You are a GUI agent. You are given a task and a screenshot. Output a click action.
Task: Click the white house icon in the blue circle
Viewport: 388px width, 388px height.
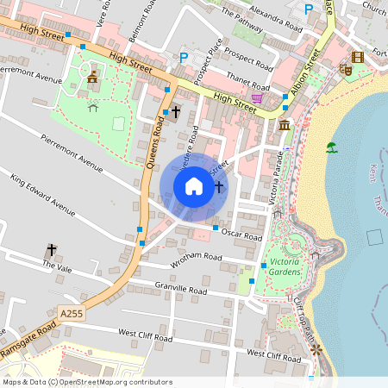pyautogui.click(x=194, y=186)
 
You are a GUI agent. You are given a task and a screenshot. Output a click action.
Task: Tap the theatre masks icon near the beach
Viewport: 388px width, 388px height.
pyautogui.click(x=345, y=70)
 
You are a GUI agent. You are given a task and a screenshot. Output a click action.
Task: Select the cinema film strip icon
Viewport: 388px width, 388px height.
pyautogui.click(x=358, y=57)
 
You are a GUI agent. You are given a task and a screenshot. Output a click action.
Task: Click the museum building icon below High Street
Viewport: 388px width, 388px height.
pyautogui.click(x=284, y=127)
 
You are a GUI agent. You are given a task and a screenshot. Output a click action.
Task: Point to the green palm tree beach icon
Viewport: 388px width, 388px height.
pyautogui.click(x=332, y=147)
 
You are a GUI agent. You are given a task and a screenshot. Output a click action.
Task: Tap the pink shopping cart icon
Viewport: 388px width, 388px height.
pyautogui.click(x=256, y=99)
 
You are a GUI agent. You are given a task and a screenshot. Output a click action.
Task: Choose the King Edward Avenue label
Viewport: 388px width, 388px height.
pyautogui.click(x=43, y=193)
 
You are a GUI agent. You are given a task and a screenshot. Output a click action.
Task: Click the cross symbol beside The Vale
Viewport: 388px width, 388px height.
pyautogui.click(x=51, y=250)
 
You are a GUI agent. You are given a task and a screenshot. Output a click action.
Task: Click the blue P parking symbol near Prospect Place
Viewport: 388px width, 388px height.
pyautogui.click(x=183, y=58)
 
